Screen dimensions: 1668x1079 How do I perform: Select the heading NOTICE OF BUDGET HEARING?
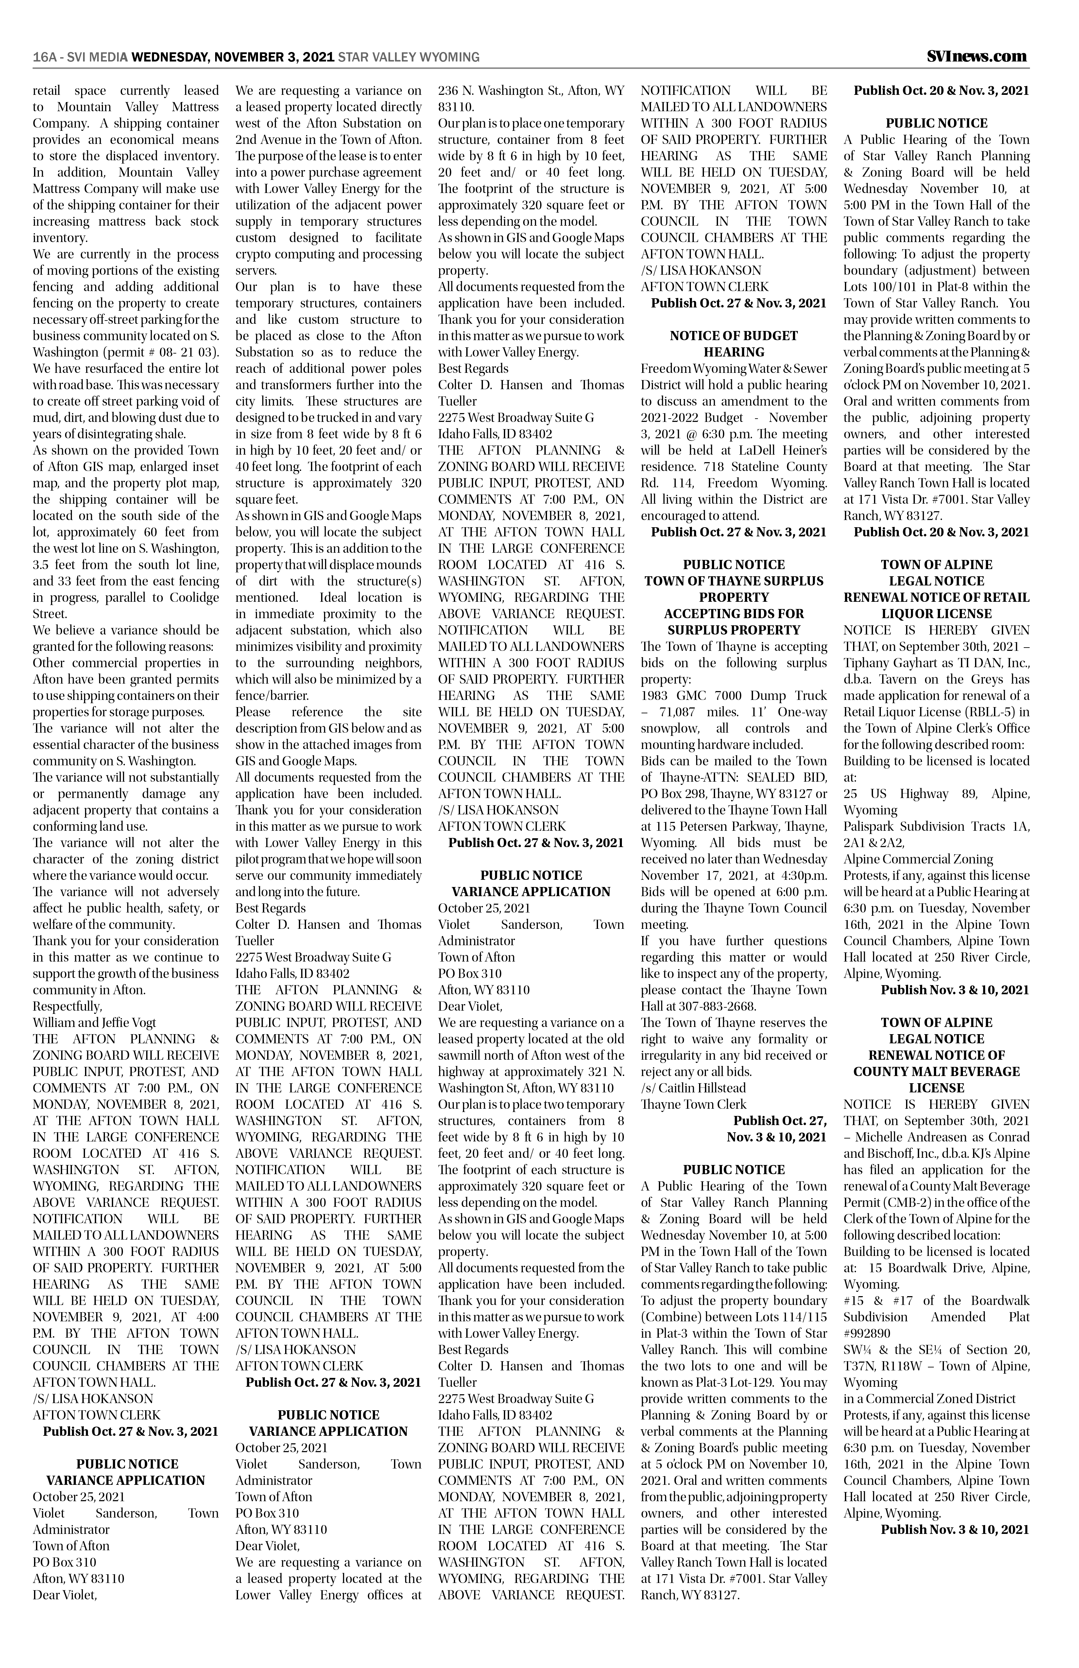(x=734, y=344)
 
